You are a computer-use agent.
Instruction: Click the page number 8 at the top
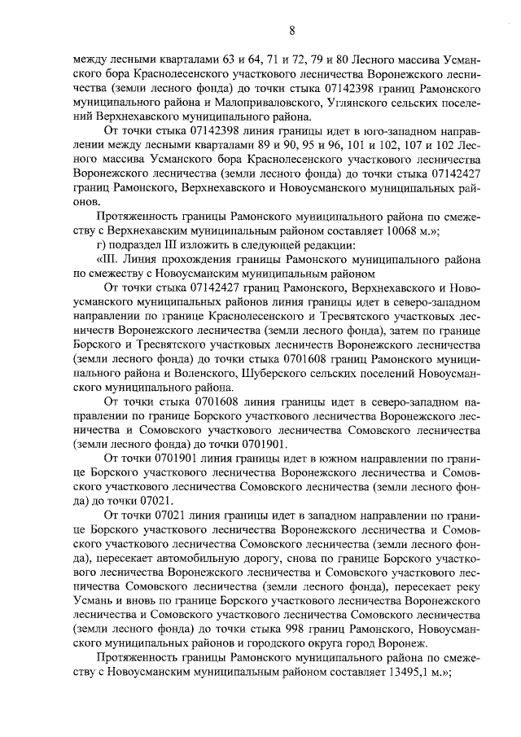(x=291, y=31)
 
